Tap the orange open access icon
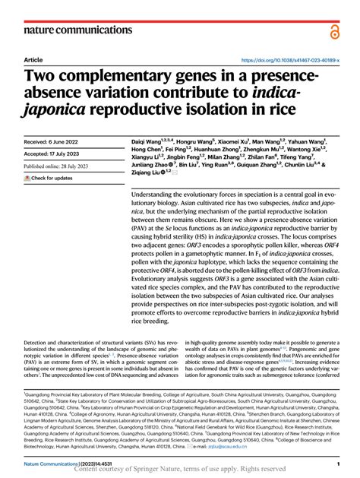336,30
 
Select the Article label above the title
33,59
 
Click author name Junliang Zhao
151,163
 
